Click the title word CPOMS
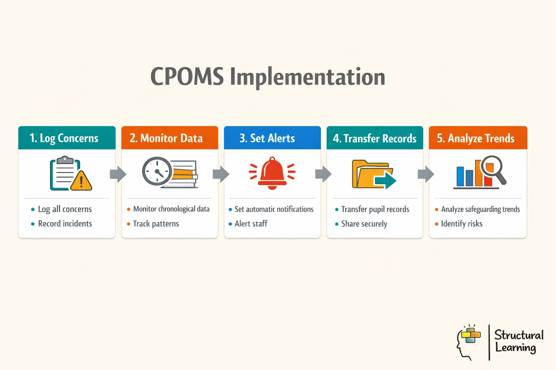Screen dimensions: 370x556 pos(187,77)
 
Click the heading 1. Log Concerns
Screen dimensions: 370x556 pos(64,138)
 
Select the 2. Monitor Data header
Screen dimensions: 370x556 pos(166,138)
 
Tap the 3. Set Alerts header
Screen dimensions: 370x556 pos(267,138)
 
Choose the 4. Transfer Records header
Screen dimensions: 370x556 pos(375,138)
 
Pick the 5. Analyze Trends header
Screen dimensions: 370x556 pos(476,138)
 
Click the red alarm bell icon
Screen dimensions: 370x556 pos(272,173)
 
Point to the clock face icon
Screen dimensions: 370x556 pos(157,171)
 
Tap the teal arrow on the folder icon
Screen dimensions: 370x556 pos(385,180)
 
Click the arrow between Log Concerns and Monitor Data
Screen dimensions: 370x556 pos(118,174)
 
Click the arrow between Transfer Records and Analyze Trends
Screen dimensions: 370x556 pos(426,174)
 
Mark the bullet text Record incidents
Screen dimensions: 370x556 pos(65,224)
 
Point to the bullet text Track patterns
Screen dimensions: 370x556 pos(156,224)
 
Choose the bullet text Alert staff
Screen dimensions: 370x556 pos(251,224)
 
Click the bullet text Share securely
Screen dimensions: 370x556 pos(364,224)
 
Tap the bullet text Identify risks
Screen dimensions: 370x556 pos(462,224)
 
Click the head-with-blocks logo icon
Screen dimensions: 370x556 pos(468,342)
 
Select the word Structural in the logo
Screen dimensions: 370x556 pos(519,335)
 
